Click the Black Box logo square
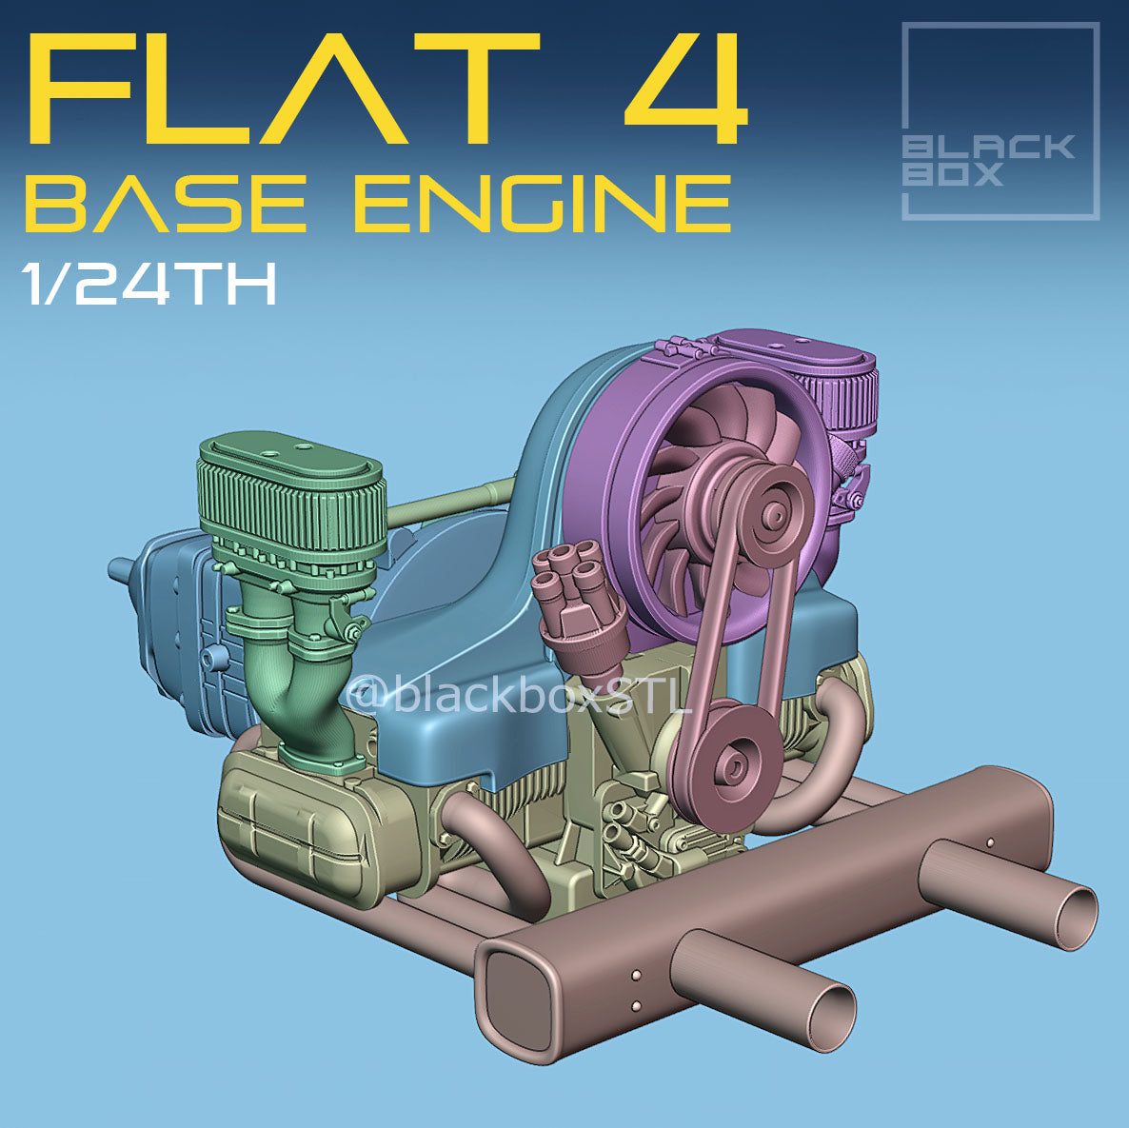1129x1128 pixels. (x=1000, y=121)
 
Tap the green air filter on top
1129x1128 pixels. (x=290, y=495)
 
